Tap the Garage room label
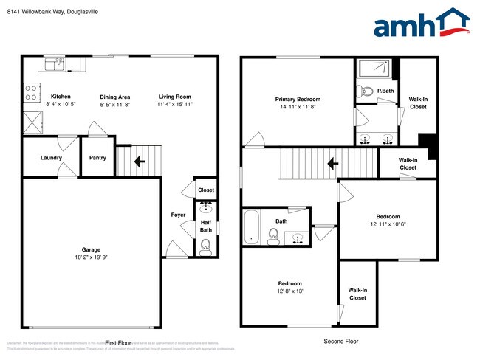point(91,249)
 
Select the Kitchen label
point(61,97)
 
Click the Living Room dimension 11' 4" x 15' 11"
point(174,105)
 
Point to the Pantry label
point(97,157)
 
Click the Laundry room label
point(51,157)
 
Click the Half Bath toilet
point(206,248)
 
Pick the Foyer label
point(178,215)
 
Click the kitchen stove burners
point(32,92)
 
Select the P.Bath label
point(385,91)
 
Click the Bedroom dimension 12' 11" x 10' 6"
point(388,224)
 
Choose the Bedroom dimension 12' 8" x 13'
point(289,291)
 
